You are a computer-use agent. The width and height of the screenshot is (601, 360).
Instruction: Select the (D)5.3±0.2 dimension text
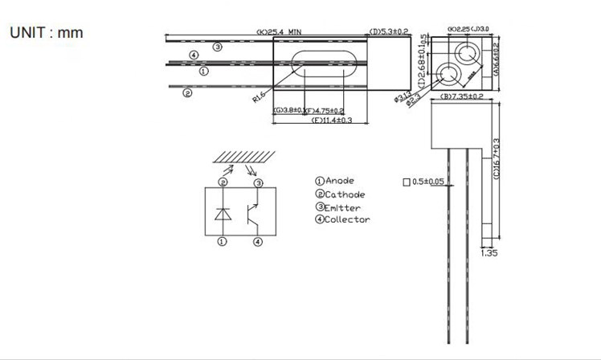point(390,32)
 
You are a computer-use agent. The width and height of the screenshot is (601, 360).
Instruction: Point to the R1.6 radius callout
point(258,98)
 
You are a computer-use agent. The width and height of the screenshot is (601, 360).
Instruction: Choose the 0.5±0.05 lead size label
point(429,182)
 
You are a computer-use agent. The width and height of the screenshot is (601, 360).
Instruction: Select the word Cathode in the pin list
point(345,194)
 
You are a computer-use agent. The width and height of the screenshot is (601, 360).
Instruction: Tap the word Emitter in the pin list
point(342,207)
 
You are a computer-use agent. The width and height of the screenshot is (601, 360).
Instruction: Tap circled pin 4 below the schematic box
point(257,242)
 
